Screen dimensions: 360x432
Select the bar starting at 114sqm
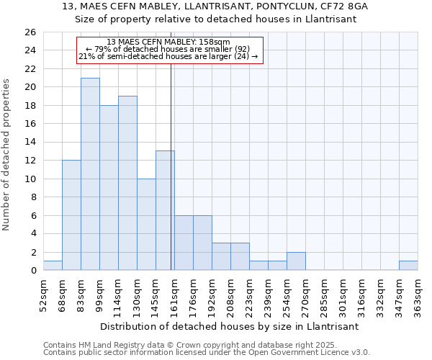pyautogui.click(x=127, y=183)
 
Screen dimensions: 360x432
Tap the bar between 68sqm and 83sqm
pyautogui.click(x=71, y=215)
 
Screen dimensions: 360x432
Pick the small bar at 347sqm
pyautogui.click(x=408, y=266)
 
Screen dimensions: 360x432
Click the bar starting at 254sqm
pyautogui.click(x=296, y=261)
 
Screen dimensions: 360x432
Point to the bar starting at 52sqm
pyautogui.click(x=53, y=266)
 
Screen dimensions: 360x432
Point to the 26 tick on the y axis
pyautogui.click(x=30, y=32)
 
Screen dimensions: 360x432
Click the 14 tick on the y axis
pyautogui.click(x=30, y=143)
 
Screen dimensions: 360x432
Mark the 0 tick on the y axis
pyautogui.click(x=32, y=271)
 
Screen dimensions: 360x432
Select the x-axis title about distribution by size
pyautogui.click(x=229, y=326)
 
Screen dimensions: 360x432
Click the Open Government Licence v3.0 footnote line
pyautogui.click(x=207, y=352)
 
